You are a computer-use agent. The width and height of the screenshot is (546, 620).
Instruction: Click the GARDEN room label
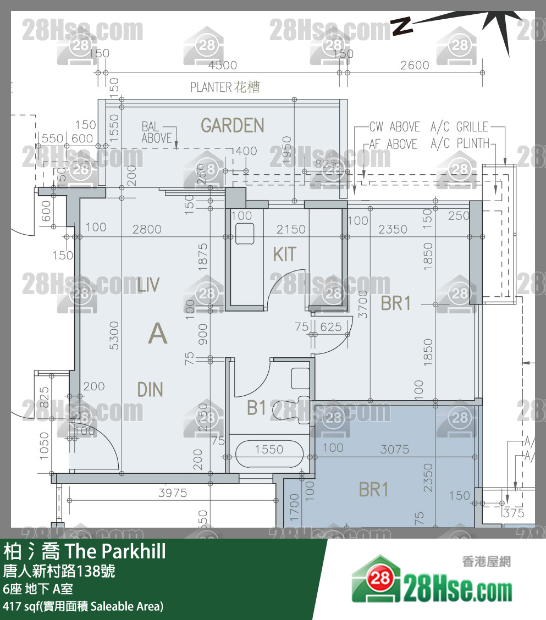pyautogui.click(x=232, y=126)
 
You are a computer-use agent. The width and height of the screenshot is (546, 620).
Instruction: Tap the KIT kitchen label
pyautogui.click(x=284, y=254)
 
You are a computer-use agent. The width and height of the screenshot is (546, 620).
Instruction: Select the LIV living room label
pyautogui.click(x=148, y=285)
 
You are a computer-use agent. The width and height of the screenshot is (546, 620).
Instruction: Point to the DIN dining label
pyautogui.click(x=150, y=390)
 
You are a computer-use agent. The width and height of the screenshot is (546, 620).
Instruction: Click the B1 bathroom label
pyautogui.click(x=257, y=408)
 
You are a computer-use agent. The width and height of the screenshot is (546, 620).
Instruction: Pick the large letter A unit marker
pyautogui.click(x=158, y=334)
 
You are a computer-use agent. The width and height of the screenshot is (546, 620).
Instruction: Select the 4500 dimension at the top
pyautogui.click(x=223, y=65)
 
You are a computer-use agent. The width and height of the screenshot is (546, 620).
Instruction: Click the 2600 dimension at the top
pyautogui.click(x=415, y=65)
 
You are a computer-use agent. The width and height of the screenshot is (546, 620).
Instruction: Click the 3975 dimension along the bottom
pyautogui.click(x=173, y=493)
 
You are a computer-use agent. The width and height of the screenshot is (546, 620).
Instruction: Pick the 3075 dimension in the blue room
pyautogui.click(x=394, y=450)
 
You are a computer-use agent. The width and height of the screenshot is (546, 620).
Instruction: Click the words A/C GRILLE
pyautogui.click(x=459, y=127)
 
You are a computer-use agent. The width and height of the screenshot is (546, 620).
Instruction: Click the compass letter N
pyautogui.click(x=402, y=26)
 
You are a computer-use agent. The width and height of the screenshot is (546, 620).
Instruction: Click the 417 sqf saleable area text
pyautogui.click(x=83, y=607)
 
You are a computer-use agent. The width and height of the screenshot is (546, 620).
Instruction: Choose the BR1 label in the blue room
pyautogui.click(x=373, y=489)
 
